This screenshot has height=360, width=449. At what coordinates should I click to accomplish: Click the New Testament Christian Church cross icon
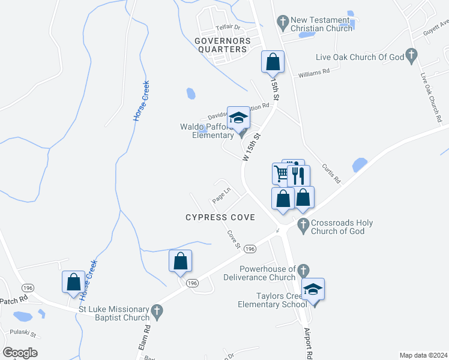tap(283, 23)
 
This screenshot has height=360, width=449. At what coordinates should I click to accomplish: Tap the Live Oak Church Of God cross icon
tap(411, 56)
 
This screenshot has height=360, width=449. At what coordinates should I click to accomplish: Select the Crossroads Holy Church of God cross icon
tap(303, 226)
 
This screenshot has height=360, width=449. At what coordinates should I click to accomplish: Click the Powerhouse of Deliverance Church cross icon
tap(304, 271)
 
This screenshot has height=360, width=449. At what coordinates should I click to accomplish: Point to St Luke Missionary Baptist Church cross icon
tap(157, 311)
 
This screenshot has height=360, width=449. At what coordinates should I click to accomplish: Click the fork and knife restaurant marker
tap(298, 176)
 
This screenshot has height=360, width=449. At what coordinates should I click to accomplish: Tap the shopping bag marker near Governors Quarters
tap(273, 62)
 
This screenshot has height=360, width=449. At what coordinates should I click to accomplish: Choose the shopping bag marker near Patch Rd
tap(73, 282)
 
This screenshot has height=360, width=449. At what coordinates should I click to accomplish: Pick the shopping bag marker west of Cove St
tap(180, 261)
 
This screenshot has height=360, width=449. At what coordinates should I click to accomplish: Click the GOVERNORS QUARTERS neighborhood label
tap(222, 45)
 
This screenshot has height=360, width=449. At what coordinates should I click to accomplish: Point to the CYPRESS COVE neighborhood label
tap(220, 217)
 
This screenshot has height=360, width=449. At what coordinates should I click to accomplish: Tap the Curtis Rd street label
tap(331, 174)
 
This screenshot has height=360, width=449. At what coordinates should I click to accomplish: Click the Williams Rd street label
tap(315, 72)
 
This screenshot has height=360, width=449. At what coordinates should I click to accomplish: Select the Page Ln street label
tap(221, 196)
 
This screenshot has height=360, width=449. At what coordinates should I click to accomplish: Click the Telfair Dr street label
tap(228, 28)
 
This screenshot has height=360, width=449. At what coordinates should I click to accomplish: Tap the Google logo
tap(20, 353)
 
